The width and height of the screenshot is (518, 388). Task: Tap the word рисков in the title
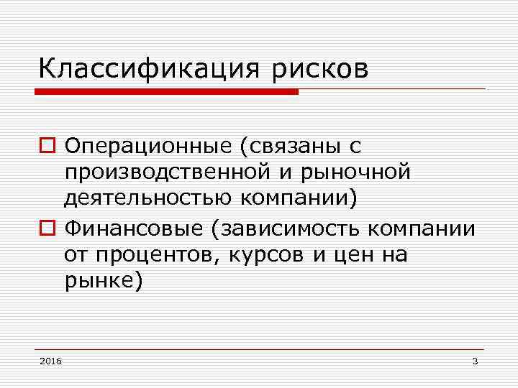pyautogui.click(x=319, y=70)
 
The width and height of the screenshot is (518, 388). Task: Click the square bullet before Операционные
pyautogui.click(x=47, y=148)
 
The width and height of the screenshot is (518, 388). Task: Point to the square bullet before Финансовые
pyautogui.click(x=47, y=230)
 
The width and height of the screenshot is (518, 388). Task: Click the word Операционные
pyautogui.click(x=144, y=147)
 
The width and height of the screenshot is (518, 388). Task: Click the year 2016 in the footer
pyautogui.click(x=51, y=360)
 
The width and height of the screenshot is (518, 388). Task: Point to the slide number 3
pyautogui.click(x=475, y=360)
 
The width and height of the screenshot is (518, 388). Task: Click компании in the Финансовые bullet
pyautogui.click(x=422, y=229)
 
